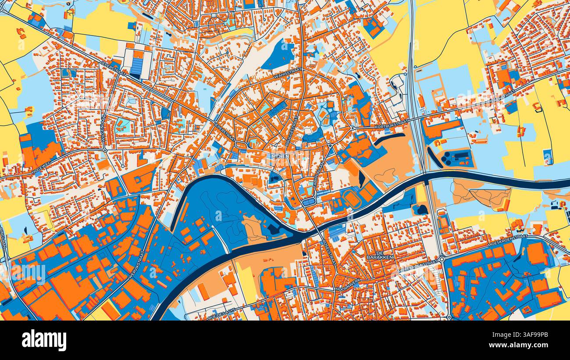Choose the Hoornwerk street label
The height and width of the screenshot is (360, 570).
click(347, 283)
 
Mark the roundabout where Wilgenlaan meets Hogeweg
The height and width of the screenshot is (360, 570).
click(105, 150)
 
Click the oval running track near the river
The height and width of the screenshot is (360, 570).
click(352, 198)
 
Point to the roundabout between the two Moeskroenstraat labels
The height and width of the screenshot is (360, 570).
click(442, 260)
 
